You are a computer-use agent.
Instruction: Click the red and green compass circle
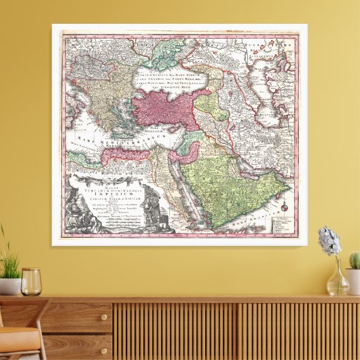pos(286,206)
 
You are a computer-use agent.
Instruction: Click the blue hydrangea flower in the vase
pos(329,241)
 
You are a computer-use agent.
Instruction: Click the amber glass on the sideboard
pos(31,281)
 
